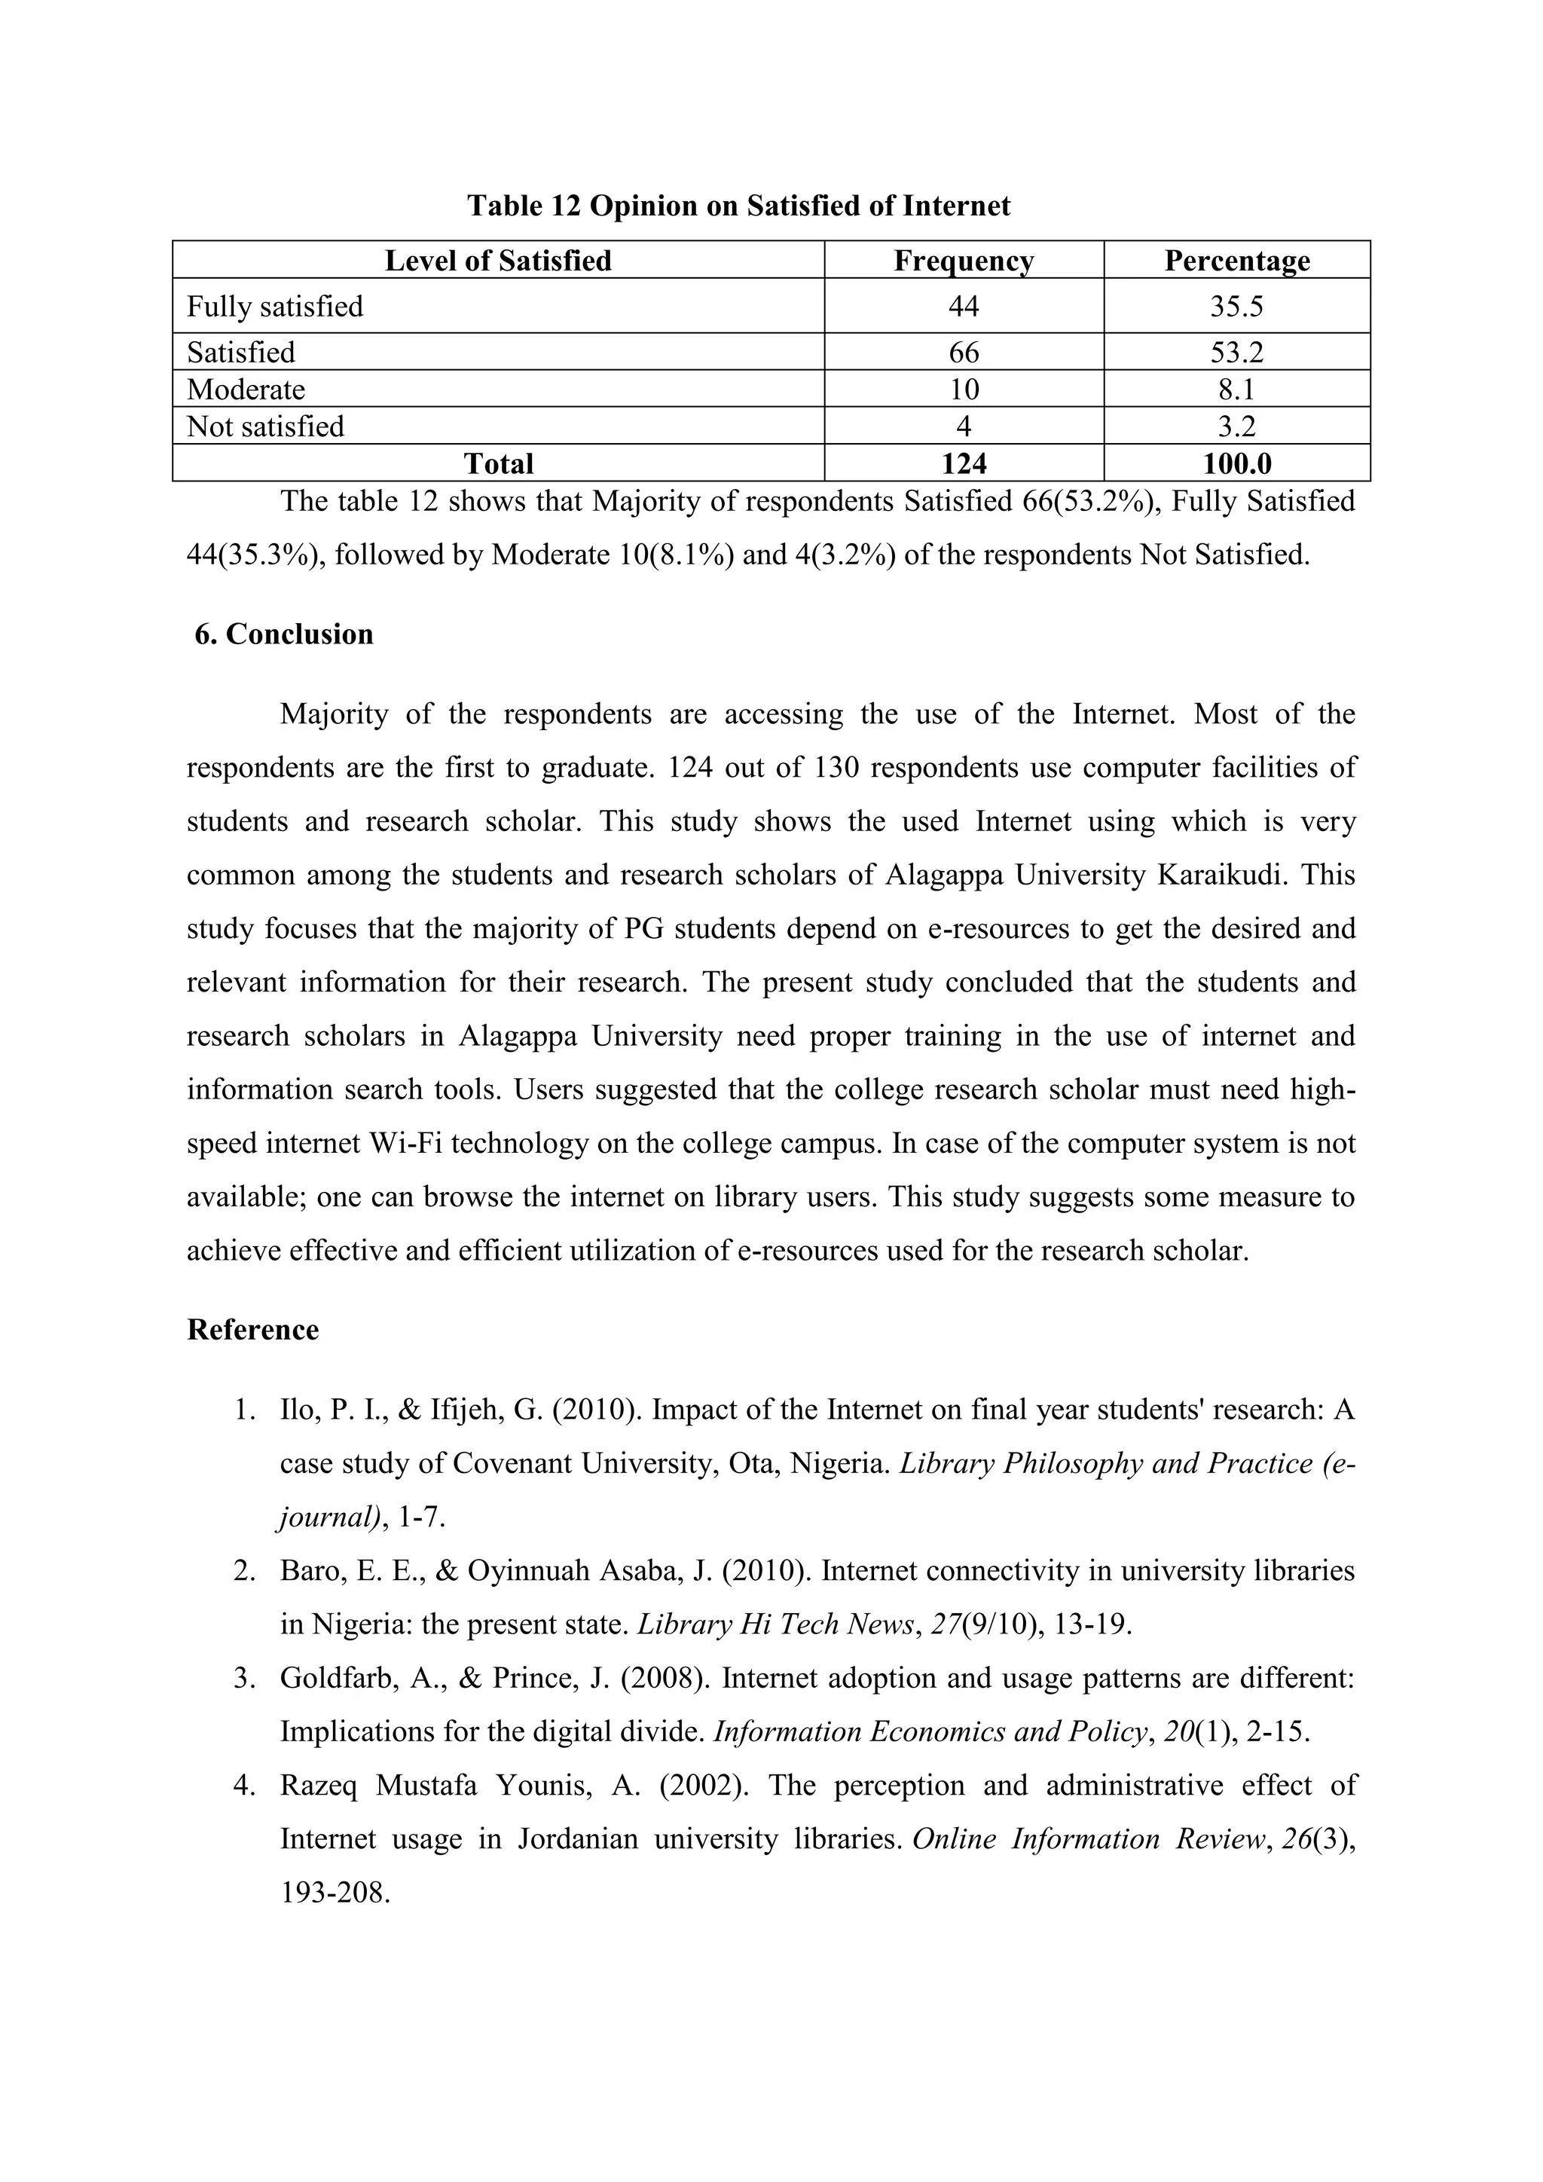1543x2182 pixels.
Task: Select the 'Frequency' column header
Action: pyautogui.click(x=964, y=261)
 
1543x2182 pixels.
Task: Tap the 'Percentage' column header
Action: pyautogui.click(x=1236, y=261)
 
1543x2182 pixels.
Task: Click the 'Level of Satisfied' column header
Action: pyautogui.click(x=498, y=261)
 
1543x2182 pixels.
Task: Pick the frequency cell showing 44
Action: pyautogui.click(x=964, y=306)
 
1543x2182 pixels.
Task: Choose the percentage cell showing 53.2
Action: pyautogui.click(x=1236, y=353)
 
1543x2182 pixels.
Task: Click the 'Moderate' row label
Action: pyautogui.click(x=246, y=390)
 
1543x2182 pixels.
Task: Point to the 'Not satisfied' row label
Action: pyautogui.click(x=265, y=426)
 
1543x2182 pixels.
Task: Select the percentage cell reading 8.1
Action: pyautogui.click(x=1236, y=390)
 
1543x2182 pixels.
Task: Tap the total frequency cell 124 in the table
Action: pyautogui.click(x=964, y=464)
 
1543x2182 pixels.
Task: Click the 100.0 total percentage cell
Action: pyautogui.click(x=1236, y=464)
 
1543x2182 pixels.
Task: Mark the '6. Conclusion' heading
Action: pyautogui.click(x=283, y=634)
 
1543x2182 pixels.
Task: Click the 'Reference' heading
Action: pyautogui.click(x=252, y=1330)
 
